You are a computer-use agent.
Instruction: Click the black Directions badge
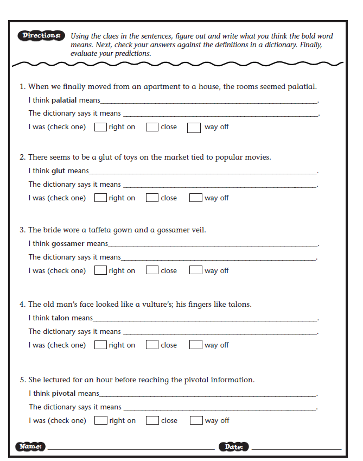point(41,36)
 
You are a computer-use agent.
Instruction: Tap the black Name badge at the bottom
point(31,446)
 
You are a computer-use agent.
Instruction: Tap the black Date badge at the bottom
point(234,447)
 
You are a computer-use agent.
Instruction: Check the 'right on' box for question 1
point(100,127)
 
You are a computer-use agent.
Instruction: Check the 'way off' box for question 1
point(194,128)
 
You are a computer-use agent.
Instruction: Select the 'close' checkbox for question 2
point(152,198)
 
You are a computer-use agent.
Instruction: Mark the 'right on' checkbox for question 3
point(100,270)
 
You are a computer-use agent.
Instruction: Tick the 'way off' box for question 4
point(195,345)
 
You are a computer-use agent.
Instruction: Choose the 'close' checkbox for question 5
point(152,420)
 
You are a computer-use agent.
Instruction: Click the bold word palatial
point(64,100)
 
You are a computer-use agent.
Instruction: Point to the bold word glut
point(58,171)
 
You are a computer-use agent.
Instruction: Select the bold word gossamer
point(68,244)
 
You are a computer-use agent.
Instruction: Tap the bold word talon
point(60,318)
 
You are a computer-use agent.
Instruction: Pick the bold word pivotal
point(64,393)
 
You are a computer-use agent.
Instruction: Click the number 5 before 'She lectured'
point(22,380)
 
